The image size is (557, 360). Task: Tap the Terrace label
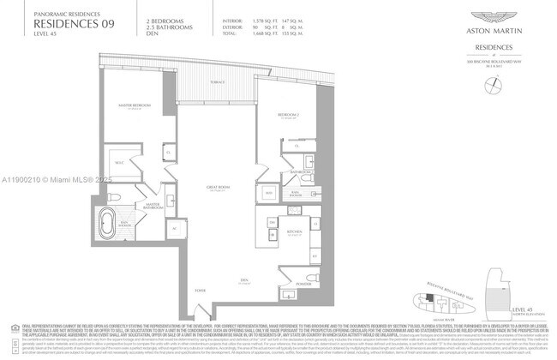[x=219, y=80]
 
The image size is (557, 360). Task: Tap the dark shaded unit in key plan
[x=428, y=297]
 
